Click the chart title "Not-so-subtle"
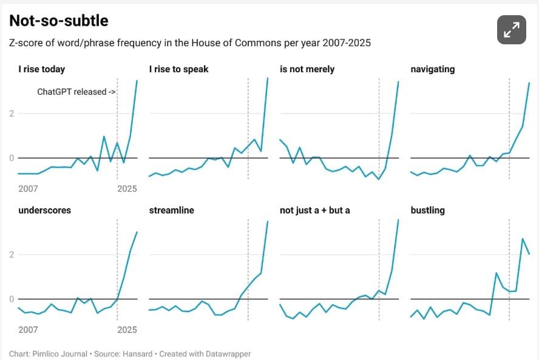tap(58, 21)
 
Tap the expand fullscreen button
tap(511, 30)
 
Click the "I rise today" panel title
tap(41, 69)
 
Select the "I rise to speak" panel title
tap(178, 69)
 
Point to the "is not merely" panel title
tap(307, 69)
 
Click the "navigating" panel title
tap(432, 69)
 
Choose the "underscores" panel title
tap(44, 210)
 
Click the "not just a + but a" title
tap(314, 210)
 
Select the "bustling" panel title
tap(427, 210)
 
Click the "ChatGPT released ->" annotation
tap(76, 92)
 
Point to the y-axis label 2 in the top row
tap(12, 114)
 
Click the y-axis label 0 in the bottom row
tap(12, 299)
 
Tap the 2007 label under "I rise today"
tap(28, 189)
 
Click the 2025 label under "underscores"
tap(127, 330)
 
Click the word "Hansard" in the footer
tap(139, 353)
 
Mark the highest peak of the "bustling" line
tap(523, 239)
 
